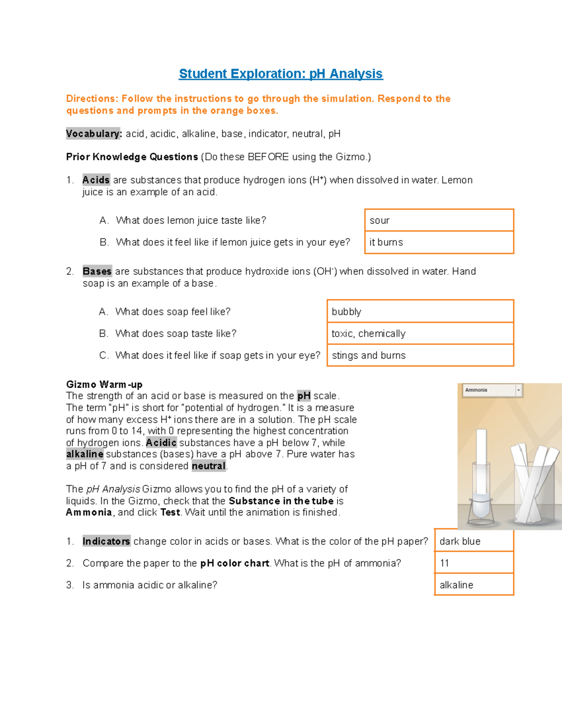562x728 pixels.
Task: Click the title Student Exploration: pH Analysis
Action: [x=281, y=74]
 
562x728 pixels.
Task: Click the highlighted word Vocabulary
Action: [x=93, y=134]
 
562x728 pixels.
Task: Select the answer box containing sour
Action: [x=439, y=220]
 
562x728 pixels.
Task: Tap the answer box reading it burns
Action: [x=439, y=242]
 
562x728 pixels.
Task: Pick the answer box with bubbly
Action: [x=420, y=312]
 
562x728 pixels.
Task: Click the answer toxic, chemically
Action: [x=420, y=333]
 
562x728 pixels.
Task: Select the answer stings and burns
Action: [x=420, y=355]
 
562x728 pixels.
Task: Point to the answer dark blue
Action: [x=473, y=541]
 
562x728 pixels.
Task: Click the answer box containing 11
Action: [x=473, y=563]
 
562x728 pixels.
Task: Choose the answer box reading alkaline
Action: [x=473, y=585]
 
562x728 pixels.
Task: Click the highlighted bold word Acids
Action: [x=96, y=180]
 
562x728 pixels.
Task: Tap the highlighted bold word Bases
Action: [x=97, y=271]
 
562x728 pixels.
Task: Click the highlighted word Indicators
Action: [x=106, y=541]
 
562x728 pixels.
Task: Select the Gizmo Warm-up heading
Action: [x=104, y=384]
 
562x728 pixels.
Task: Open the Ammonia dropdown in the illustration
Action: [x=492, y=390]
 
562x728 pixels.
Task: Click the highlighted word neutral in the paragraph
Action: [x=208, y=466]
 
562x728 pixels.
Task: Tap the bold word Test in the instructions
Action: [x=170, y=512]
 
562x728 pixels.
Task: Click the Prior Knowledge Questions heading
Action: [x=132, y=157]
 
